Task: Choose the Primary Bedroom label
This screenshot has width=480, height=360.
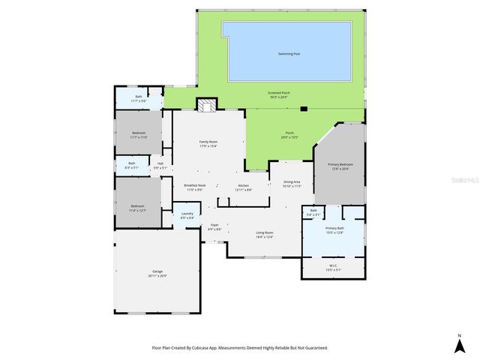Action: (339, 166)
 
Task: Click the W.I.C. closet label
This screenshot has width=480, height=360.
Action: (334, 267)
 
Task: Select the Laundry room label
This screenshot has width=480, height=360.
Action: (187, 215)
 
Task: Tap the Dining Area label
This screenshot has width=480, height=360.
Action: (292, 183)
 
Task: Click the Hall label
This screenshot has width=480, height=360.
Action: (160, 165)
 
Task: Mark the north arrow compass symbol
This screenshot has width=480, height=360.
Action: (459, 344)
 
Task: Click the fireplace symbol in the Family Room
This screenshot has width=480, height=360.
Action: (205, 105)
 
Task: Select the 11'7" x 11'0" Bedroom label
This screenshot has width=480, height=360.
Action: (138, 135)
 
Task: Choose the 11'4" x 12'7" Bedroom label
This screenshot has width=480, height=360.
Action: (137, 208)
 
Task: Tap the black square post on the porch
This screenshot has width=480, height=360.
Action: (304, 108)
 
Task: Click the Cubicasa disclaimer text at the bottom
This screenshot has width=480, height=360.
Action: (240, 348)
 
